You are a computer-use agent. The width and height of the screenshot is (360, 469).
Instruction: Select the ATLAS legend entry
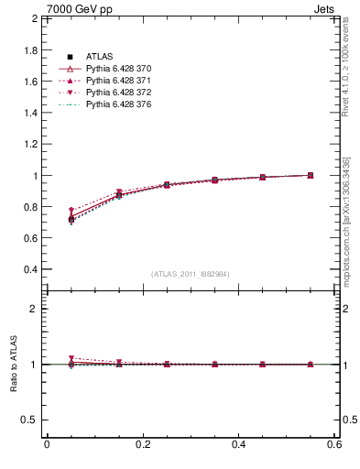100,58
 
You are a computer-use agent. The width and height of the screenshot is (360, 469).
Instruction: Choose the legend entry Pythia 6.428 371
118,82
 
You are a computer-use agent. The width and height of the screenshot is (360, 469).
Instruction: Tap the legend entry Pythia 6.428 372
118,93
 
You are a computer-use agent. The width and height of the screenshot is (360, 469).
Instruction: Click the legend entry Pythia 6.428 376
118,105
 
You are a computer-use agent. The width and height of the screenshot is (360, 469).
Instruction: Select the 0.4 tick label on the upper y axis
29,269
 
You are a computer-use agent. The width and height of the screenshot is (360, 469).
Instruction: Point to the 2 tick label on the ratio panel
35,309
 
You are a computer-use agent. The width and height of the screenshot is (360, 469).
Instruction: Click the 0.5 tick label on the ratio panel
29,420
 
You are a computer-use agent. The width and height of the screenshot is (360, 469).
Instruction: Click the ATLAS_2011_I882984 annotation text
191,274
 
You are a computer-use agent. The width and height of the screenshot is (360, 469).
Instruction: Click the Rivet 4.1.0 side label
346,69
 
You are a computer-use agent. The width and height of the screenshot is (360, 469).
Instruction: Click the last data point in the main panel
311,175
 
